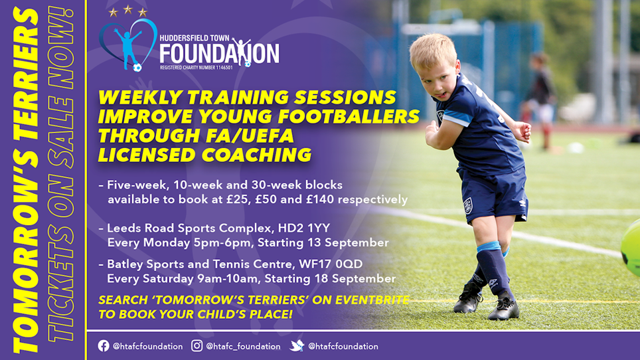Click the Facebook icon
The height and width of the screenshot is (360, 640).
point(104,346)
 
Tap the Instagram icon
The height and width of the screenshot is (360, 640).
point(197,346)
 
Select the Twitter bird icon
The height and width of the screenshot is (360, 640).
point(297,346)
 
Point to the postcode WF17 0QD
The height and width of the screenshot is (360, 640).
point(331,264)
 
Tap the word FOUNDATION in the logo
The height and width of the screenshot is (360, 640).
point(219,53)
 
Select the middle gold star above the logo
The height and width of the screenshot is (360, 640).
point(127,9)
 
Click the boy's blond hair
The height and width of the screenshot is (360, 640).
point(433,51)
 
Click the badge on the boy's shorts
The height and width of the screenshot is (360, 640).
point(468,206)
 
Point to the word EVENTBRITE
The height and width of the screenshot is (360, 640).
point(372,300)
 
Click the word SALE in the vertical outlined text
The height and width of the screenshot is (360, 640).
point(61,132)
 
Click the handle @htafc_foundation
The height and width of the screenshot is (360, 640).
point(243,347)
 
